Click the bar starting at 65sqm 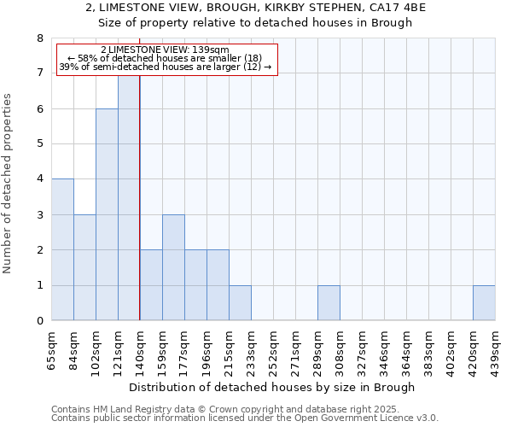tap(62, 249)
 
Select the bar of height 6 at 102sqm tap(107, 214)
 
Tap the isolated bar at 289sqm tap(329, 303)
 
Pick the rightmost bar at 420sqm tap(484, 303)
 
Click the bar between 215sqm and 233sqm tap(240, 303)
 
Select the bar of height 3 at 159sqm tap(173, 267)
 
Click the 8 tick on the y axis tap(40, 38)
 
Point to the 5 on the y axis tap(40, 143)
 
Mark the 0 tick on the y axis tap(40, 321)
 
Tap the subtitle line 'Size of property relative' tap(256, 22)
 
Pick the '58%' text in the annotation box tap(90, 58)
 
